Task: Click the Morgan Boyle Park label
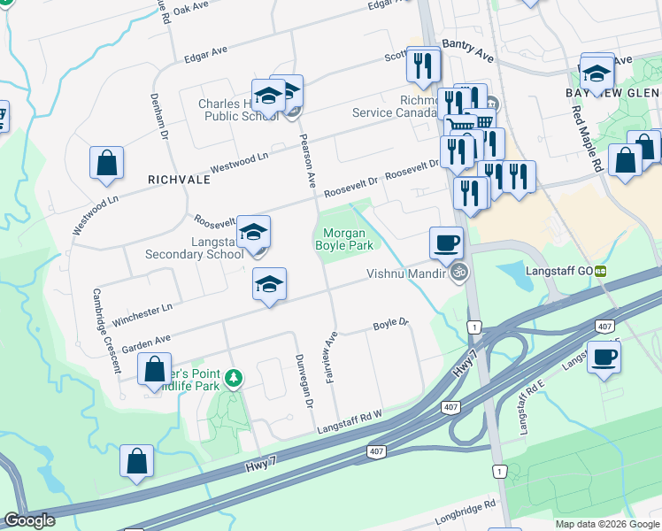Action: [343, 238]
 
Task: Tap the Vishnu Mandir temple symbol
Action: [458, 274]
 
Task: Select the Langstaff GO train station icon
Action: [601, 271]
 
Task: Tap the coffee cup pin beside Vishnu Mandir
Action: [446, 241]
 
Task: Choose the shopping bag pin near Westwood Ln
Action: [106, 163]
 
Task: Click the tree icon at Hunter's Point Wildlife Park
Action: [234, 379]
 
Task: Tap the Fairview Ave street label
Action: [333, 350]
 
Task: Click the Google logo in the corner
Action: [30, 520]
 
